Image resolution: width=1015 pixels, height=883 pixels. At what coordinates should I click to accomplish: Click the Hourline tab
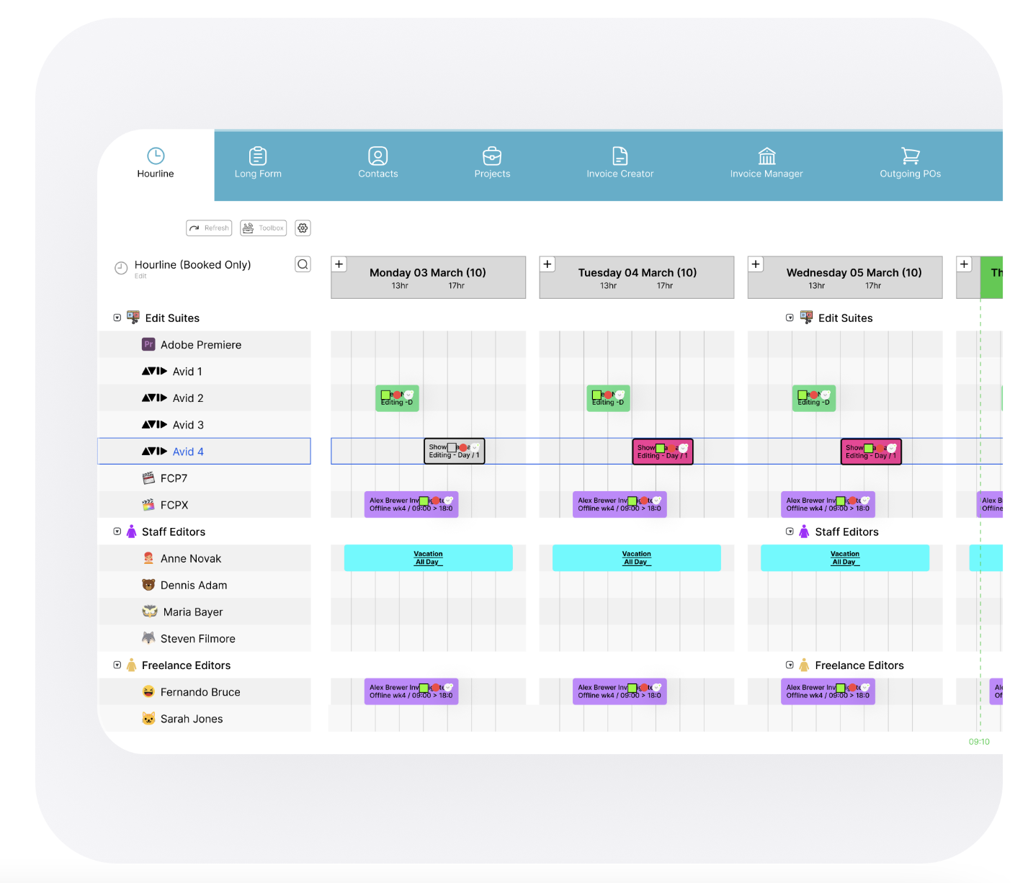[156, 163]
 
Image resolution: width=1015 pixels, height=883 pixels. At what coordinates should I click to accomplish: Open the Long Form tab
[258, 163]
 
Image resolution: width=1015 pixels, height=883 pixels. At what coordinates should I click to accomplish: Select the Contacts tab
[378, 163]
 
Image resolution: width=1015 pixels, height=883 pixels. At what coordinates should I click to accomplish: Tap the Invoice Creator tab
[620, 163]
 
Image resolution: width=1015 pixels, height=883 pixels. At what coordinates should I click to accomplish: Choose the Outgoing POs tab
[910, 163]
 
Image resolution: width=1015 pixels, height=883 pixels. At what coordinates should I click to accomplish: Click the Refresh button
[209, 228]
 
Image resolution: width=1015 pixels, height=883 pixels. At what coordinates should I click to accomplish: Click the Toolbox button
[264, 228]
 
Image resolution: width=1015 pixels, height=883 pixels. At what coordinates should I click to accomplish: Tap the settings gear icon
[303, 228]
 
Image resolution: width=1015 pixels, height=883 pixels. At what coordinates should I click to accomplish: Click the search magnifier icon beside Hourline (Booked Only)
[303, 264]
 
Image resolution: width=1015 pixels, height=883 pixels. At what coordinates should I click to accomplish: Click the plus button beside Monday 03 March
[339, 264]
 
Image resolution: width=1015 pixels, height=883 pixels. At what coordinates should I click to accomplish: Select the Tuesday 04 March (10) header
[637, 277]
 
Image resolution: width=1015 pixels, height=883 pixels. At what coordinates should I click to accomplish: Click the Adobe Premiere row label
[200, 345]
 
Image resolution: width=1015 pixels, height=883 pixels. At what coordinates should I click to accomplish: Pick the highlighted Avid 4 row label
[188, 452]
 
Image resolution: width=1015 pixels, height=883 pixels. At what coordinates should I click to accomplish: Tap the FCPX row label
[174, 505]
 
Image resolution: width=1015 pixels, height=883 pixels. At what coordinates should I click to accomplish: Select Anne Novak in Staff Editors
[190, 558]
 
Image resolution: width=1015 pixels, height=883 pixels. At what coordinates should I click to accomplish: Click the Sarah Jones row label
[192, 719]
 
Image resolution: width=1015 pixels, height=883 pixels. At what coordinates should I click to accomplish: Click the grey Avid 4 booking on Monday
[454, 452]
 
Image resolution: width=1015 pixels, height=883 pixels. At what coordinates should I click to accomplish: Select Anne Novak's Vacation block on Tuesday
[636, 558]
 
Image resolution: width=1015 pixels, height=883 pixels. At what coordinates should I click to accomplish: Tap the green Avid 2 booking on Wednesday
[814, 398]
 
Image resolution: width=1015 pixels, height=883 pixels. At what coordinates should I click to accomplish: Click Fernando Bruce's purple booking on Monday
[411, 691]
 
